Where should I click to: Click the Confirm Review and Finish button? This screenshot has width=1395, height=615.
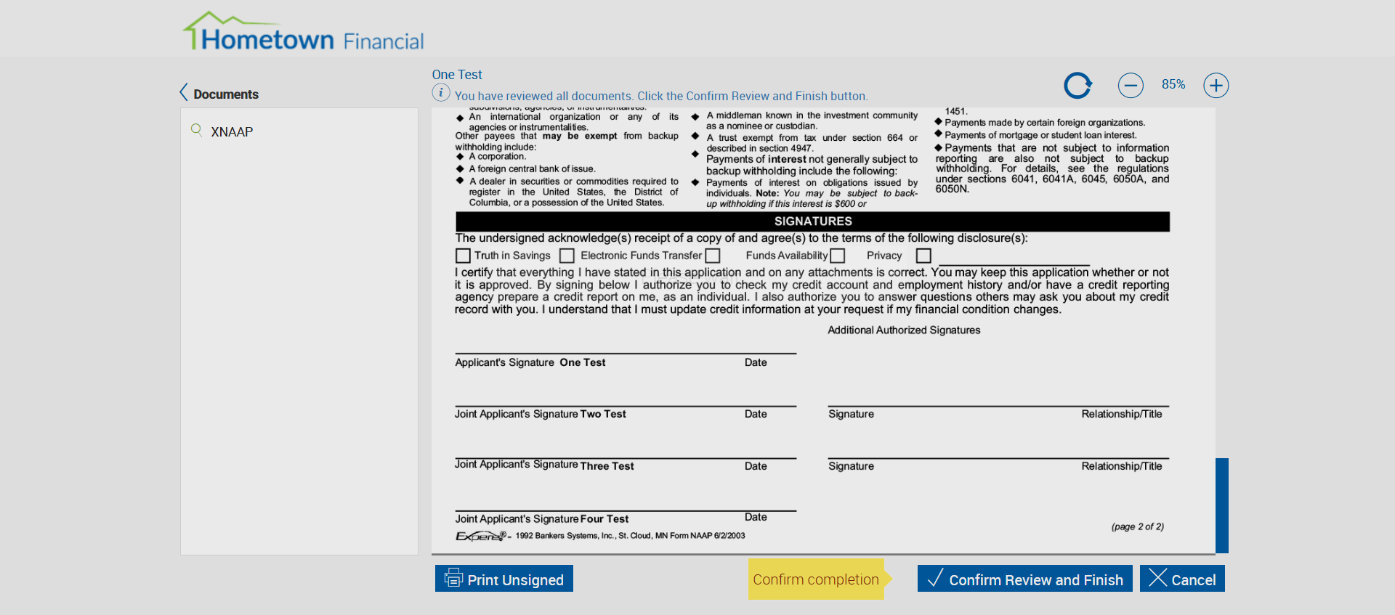[1024, 579]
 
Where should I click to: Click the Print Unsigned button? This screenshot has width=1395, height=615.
[504, 579]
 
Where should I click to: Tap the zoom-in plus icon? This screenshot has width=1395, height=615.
[1216, 86]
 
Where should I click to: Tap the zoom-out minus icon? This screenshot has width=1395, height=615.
[1130, 86]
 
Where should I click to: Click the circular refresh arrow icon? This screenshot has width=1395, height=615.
[1077, 86]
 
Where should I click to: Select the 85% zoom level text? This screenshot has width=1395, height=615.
[1173, 84]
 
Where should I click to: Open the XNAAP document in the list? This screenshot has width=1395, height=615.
[232, 131]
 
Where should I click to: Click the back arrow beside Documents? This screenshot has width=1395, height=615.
[184, 92]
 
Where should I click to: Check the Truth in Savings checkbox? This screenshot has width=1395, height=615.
[463, 256]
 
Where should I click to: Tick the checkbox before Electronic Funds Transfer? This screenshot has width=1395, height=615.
[567, 256]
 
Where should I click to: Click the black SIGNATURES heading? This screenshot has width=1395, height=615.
[812, 221]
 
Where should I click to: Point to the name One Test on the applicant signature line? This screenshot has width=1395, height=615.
[582, 362]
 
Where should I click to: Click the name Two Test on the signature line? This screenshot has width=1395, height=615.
[602, 414]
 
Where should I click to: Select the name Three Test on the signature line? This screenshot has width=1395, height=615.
[607, 466]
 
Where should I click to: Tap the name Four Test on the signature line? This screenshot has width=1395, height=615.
[604, 519]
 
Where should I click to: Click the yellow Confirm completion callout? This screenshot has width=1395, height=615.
[816, 579]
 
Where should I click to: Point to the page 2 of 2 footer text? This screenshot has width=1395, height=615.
[1137, 526]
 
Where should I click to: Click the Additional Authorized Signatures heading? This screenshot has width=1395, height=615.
[904, 330]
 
